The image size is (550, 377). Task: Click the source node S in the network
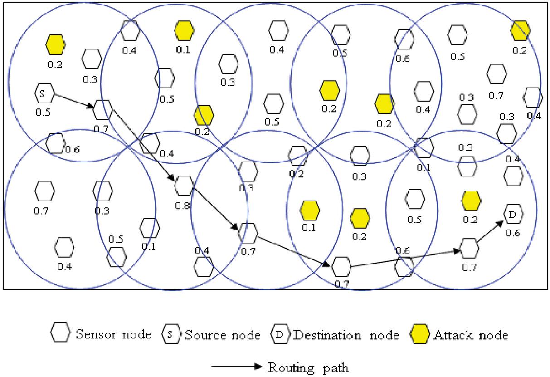44,94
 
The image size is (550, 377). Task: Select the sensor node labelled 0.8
184,185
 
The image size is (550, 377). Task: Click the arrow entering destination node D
491,230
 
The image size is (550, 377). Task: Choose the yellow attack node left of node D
471,201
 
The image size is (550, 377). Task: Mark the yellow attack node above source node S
56,44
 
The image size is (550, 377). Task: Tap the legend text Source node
221,336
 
